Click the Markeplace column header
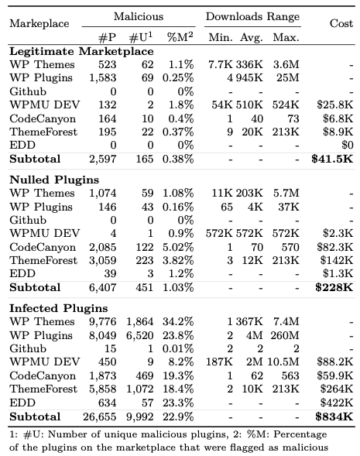[39, 23]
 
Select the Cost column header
[341, 23]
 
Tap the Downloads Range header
[252, 17]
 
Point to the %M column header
[180, 37]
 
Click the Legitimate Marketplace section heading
[81, 51]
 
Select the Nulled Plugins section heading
[54, 180]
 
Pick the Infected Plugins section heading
[58, 309]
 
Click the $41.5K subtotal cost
[332, 159]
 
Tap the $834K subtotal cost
[334, 417]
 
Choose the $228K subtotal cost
[334, 288]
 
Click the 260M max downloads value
[285, 335]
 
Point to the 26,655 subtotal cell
[100, 417]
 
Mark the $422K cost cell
[337, 403]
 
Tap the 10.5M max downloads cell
[283, 362]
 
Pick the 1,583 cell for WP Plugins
[103, 78]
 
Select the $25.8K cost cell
[335, 105]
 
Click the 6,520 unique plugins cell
[140, 335]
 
